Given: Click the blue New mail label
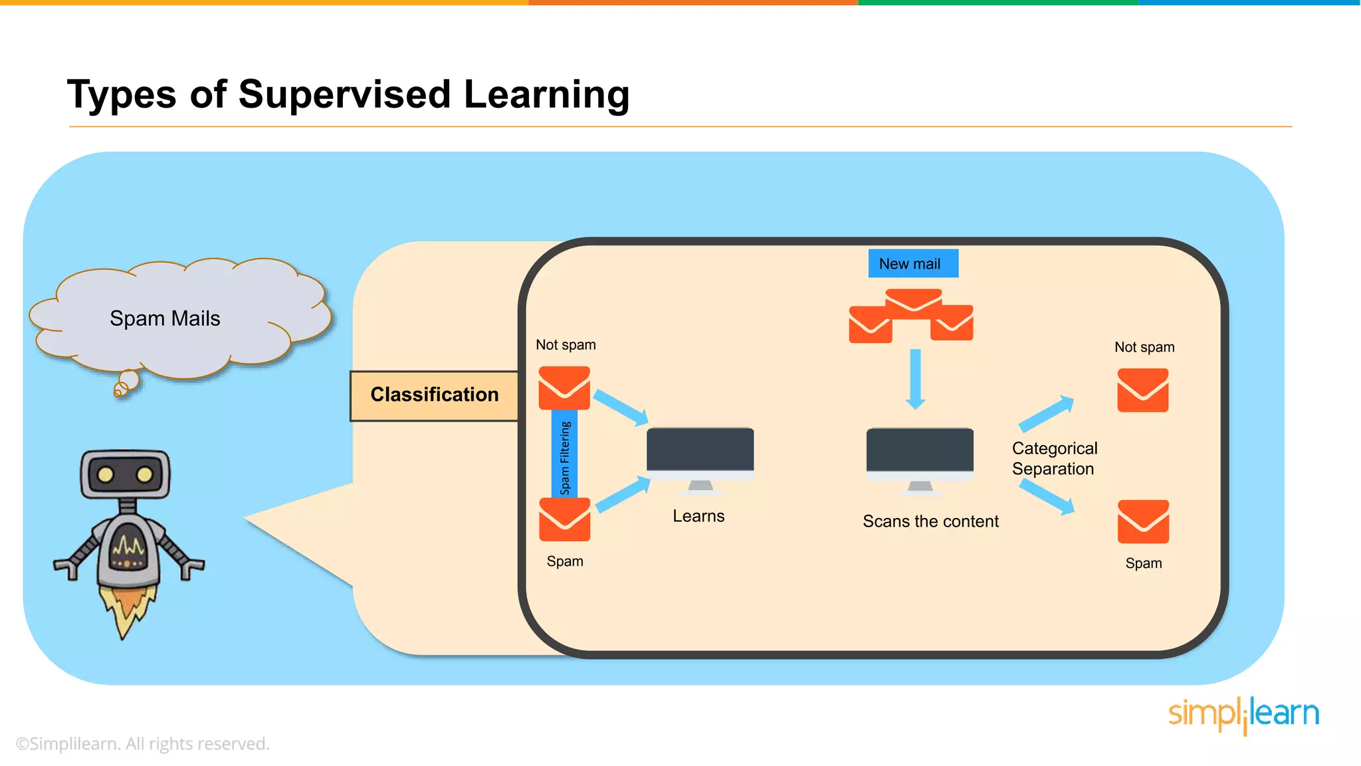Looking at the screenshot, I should click(912, 263).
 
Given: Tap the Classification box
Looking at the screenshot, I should click(434, 395).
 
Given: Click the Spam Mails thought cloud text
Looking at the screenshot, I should click(165, 319).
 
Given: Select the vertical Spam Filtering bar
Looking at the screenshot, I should click(564, 453).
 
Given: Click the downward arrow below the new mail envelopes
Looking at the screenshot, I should click(915, 379).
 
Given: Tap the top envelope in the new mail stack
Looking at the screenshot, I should click(913, 300).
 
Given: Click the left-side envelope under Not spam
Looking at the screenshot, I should click(564, 387).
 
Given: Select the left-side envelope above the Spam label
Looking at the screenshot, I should click(564, 519).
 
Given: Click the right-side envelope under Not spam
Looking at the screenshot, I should click(1142, 390).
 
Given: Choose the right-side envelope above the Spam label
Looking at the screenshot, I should click(1143, 521).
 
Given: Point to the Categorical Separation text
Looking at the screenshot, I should click(1054, 458).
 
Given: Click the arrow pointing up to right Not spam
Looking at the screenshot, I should click(1046, 414).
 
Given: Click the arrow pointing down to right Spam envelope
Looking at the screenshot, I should click(1047, 497).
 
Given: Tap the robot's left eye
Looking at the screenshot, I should click(105, 475).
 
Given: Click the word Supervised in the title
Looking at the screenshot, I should click(344, 94).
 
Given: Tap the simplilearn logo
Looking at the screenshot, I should click(1243, 715).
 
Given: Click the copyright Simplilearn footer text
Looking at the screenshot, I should click(142, 743).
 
